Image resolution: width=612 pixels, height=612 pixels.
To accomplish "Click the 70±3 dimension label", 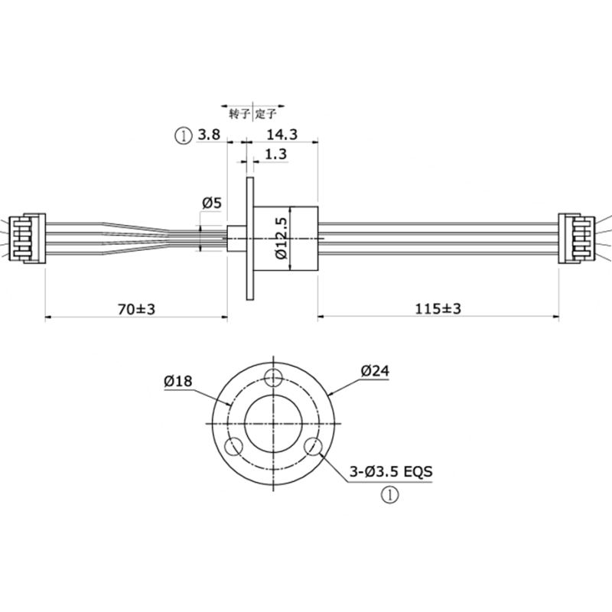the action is (136, 309).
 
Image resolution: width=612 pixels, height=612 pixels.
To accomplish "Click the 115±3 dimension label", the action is (438, 309).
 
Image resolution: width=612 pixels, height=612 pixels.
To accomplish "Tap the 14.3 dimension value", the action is (282, 135).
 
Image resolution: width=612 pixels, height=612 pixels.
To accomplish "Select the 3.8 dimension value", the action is (209, 135).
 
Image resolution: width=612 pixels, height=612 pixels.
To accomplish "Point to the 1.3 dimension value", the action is (276, 155).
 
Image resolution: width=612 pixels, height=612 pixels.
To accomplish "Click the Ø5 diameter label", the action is (212, 203).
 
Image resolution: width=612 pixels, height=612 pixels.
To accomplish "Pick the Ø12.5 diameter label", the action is (282, 238).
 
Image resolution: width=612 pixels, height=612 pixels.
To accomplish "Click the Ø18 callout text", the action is (178, 381).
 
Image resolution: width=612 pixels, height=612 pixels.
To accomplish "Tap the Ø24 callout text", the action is (375, 371).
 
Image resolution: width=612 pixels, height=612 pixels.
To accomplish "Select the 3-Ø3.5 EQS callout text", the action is (391, 472).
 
